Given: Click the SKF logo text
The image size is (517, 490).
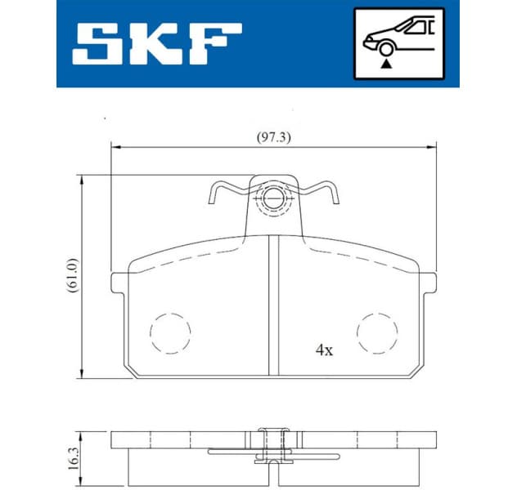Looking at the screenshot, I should tap(155, 43).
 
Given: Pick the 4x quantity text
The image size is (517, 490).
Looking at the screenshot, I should tap(325, 350).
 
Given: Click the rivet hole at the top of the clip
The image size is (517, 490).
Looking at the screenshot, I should tap(273, 198).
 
